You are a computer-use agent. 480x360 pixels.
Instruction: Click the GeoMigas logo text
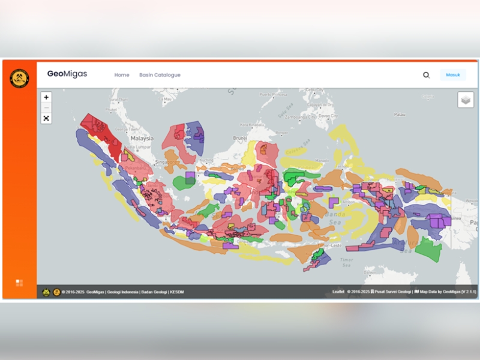pyautogui.click(x=67, y=74)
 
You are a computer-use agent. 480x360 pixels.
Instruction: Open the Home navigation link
pyautogui.click(x=122, y=75)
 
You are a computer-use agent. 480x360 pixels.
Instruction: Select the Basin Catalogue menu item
pyautogui.click(x=160, y=75)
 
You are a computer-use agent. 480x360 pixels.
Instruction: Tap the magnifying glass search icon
pyautogui.click(x=426, y=75)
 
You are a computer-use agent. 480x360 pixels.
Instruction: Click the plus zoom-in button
pyautogui.click(x=46, y=97)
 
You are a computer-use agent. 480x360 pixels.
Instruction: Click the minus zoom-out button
pyautogui.click(x=46, y=107)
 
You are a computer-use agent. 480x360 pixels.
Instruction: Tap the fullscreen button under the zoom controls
pyautogui.click(x=46, y=118)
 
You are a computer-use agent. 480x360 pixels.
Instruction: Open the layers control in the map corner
pyautogui.click(x=466, y=100)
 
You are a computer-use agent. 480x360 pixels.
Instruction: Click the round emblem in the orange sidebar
pyautogui.click(x=19, y=79)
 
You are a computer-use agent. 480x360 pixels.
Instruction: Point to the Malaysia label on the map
pyautogui.click(x=142, y=138)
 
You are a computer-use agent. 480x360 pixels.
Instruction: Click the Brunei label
pyautogui.click(x=240, y=137)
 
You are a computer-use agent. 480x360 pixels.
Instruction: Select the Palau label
pyautogui.click(x=400, y=114)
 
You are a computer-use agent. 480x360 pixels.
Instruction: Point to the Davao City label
pyautogui.click(x=328, y=115)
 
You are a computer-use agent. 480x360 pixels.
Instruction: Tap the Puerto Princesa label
pyautogui.click(x=274, y=94)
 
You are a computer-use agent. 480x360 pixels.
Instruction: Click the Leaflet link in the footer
pyautogui.click(x=338, y=292)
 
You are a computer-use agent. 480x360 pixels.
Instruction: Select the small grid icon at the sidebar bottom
pyautogui.click(x=19, y=283)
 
